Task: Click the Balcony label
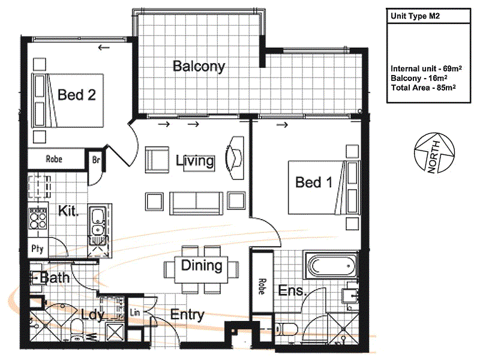[x=199, y=66]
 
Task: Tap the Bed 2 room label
[x=77, y=95]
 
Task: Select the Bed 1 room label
[x=313, y=182]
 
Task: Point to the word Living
[x=195, y=161]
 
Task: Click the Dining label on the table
[x=202, y=265]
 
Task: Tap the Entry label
[x=187, y=314]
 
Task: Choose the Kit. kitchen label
[x=68, y=211]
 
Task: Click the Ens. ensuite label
[x=292, y=290]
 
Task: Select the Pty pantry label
[x=37, y=249]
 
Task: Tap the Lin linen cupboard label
[x=134, y=312]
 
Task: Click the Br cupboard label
[x=96, y=160]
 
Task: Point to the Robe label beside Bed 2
[x=54, y=159]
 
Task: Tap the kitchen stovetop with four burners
[x=37, y=219]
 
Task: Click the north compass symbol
[x=434, y=152]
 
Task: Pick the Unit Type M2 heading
[x=415, y=16]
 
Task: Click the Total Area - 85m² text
[x=424, y=88]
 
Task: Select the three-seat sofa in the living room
[x=196, y=202]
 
